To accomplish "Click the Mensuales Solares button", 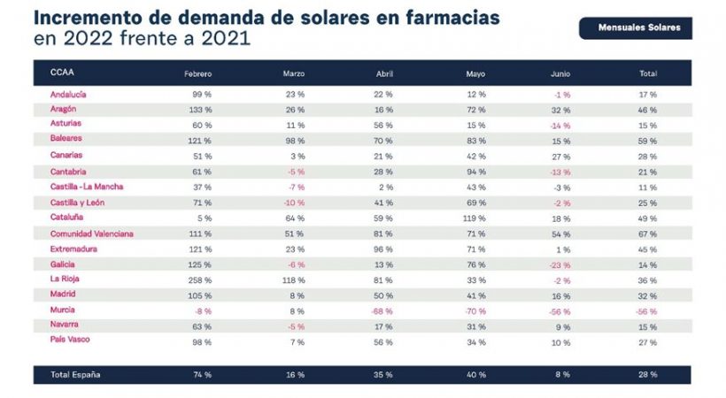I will coord(635,27).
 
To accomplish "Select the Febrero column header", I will coord(198,73).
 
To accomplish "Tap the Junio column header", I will coord(560,73).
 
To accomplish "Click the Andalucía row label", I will coord(67,94).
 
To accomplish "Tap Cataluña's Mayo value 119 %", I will coord(475,217).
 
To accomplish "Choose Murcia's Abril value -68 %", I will coord(382,310).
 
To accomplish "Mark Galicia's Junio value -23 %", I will coord(559,264).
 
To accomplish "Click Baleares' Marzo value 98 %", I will coord(294,140).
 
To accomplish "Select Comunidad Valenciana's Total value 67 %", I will coord(647,233).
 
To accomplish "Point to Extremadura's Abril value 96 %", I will coord(383,249).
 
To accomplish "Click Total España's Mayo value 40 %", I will coord(475,375).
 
